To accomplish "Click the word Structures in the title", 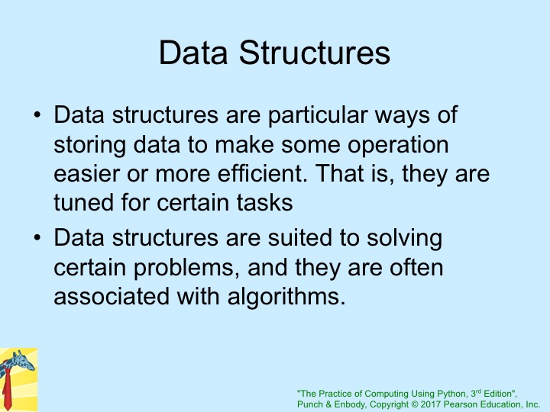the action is pyautogui.click(x=314, y=53).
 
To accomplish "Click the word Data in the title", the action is pyautogui.click(x=193, y=53).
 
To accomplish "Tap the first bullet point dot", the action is pyautogui.click(x=37, y=114).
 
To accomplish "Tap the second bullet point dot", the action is pyautogui.click(x=37, y=237).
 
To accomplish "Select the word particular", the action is pyautogui.click(x=318, y=116).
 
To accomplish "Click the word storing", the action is pyautogui.click(x=90, y=145).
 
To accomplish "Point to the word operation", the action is pyautogui.click(x=398, y=145).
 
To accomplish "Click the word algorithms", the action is pyautogui.click(x=286, y=298).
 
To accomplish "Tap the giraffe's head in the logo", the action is pyautogui.click(x=24, y=360).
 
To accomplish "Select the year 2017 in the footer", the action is pyautogui.click(x=431, y=404).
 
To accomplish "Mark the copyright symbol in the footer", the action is pyautogui.click(x=415, y=404).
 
